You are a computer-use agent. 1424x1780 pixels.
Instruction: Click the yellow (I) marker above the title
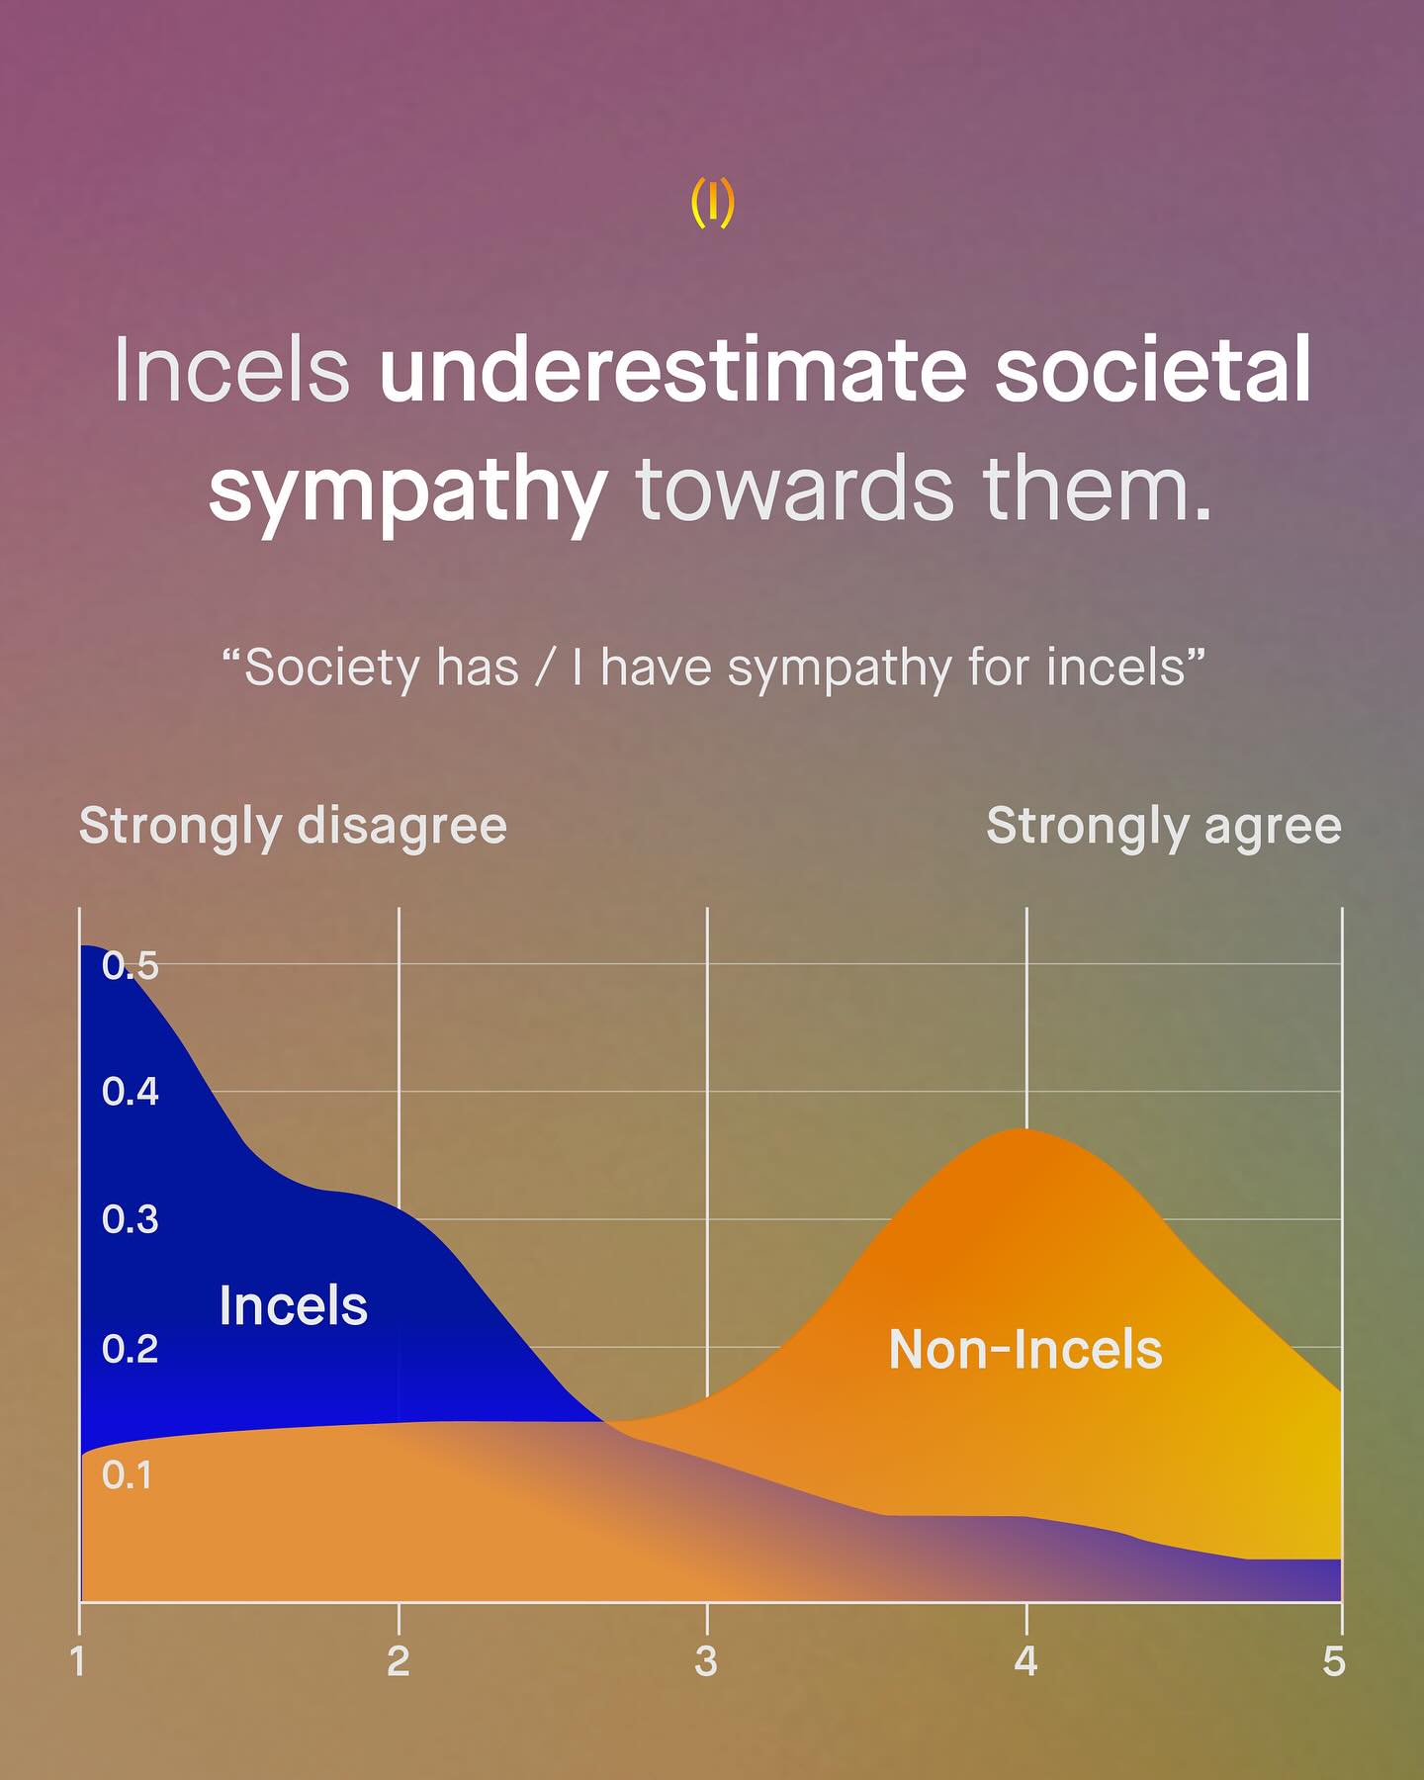tap(712, 203)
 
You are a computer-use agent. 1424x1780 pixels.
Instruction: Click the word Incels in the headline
tap(232, 370)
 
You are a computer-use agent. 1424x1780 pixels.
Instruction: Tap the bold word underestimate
tap(672, 370)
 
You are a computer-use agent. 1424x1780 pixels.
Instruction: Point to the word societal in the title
tap(1153, 370)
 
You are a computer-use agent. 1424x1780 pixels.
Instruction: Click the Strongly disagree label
tap(293, 827)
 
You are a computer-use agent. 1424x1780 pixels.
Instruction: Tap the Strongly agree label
tap(1164, 827)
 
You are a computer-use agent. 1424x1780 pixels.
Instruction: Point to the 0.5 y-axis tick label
tap(130, 966)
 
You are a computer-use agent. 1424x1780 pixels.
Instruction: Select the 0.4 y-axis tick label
tap(130, 1092)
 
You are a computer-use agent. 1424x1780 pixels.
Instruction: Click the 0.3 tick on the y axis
tap(130, 1219)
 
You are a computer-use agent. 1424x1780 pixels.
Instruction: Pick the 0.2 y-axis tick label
tap(130, 1349)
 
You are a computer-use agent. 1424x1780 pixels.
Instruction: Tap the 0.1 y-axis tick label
tap(127, 1475)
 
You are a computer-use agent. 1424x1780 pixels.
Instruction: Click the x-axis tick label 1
tap(78, 1661)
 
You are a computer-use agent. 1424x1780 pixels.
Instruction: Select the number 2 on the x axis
tap(398, 1661)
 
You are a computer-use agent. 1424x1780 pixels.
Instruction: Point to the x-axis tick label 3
tap(706, 1661)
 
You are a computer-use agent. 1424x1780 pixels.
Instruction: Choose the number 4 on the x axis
tap(1025, 1661)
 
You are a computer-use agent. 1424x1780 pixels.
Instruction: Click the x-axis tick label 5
tap(1334, 1661)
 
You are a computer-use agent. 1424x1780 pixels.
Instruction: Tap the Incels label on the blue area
tap(293, 1305)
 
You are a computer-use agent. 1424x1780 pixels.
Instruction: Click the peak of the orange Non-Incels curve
tap(1023, 1128)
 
